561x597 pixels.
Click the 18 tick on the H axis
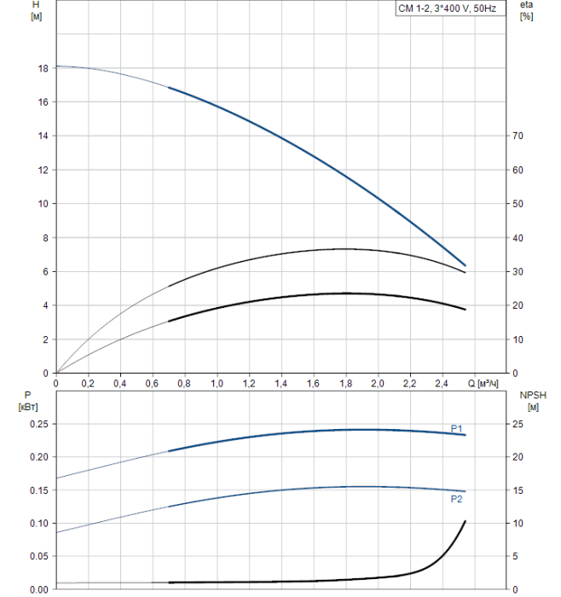[x=42, y=68]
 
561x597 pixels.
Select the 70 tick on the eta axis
[x=517, y=136]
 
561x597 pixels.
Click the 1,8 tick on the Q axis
[x=345, y=384]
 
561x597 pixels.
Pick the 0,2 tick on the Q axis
[x=88, y=384]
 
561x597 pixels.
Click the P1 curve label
[x=457, y=427]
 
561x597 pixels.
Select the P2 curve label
[x=457, y=500]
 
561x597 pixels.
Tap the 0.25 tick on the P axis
[x=38, y=424]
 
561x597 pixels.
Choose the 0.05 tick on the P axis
[x=38, y=556]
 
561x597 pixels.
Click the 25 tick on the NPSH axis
[x=517, y=424]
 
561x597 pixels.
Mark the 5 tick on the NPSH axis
[x=514, y=556]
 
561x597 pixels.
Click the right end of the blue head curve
[x=466, y=265]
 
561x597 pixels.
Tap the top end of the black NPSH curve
[x=466, y=520]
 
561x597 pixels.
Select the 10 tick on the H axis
[x=42, y=204]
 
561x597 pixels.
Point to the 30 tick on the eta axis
[x=517, y=271]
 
